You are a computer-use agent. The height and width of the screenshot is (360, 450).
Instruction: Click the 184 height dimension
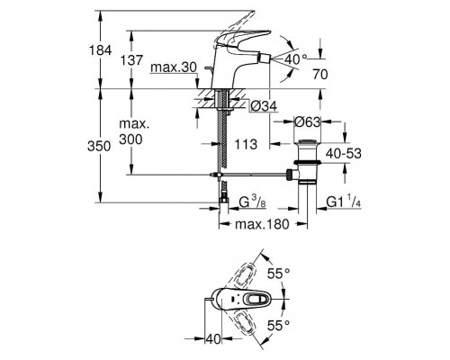tap(100, 50)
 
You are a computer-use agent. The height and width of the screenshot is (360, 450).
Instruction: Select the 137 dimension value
tap(131, 60)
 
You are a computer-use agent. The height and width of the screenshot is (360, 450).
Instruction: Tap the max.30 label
tap(174, 67)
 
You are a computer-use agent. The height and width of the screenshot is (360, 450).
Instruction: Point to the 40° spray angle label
tap(296, 59)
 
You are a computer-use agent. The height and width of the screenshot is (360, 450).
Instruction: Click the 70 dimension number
tap(320, 75)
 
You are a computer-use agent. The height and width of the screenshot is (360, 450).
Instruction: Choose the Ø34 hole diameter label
tap(264, 106)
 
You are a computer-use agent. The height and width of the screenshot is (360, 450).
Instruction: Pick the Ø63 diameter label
tap(308, 122)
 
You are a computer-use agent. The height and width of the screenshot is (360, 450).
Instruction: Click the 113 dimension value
tap(246, 144)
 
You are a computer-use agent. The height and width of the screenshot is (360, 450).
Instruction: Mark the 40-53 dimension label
tap(344, 154)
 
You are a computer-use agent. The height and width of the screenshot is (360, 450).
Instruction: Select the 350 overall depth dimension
tap(99, 147)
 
